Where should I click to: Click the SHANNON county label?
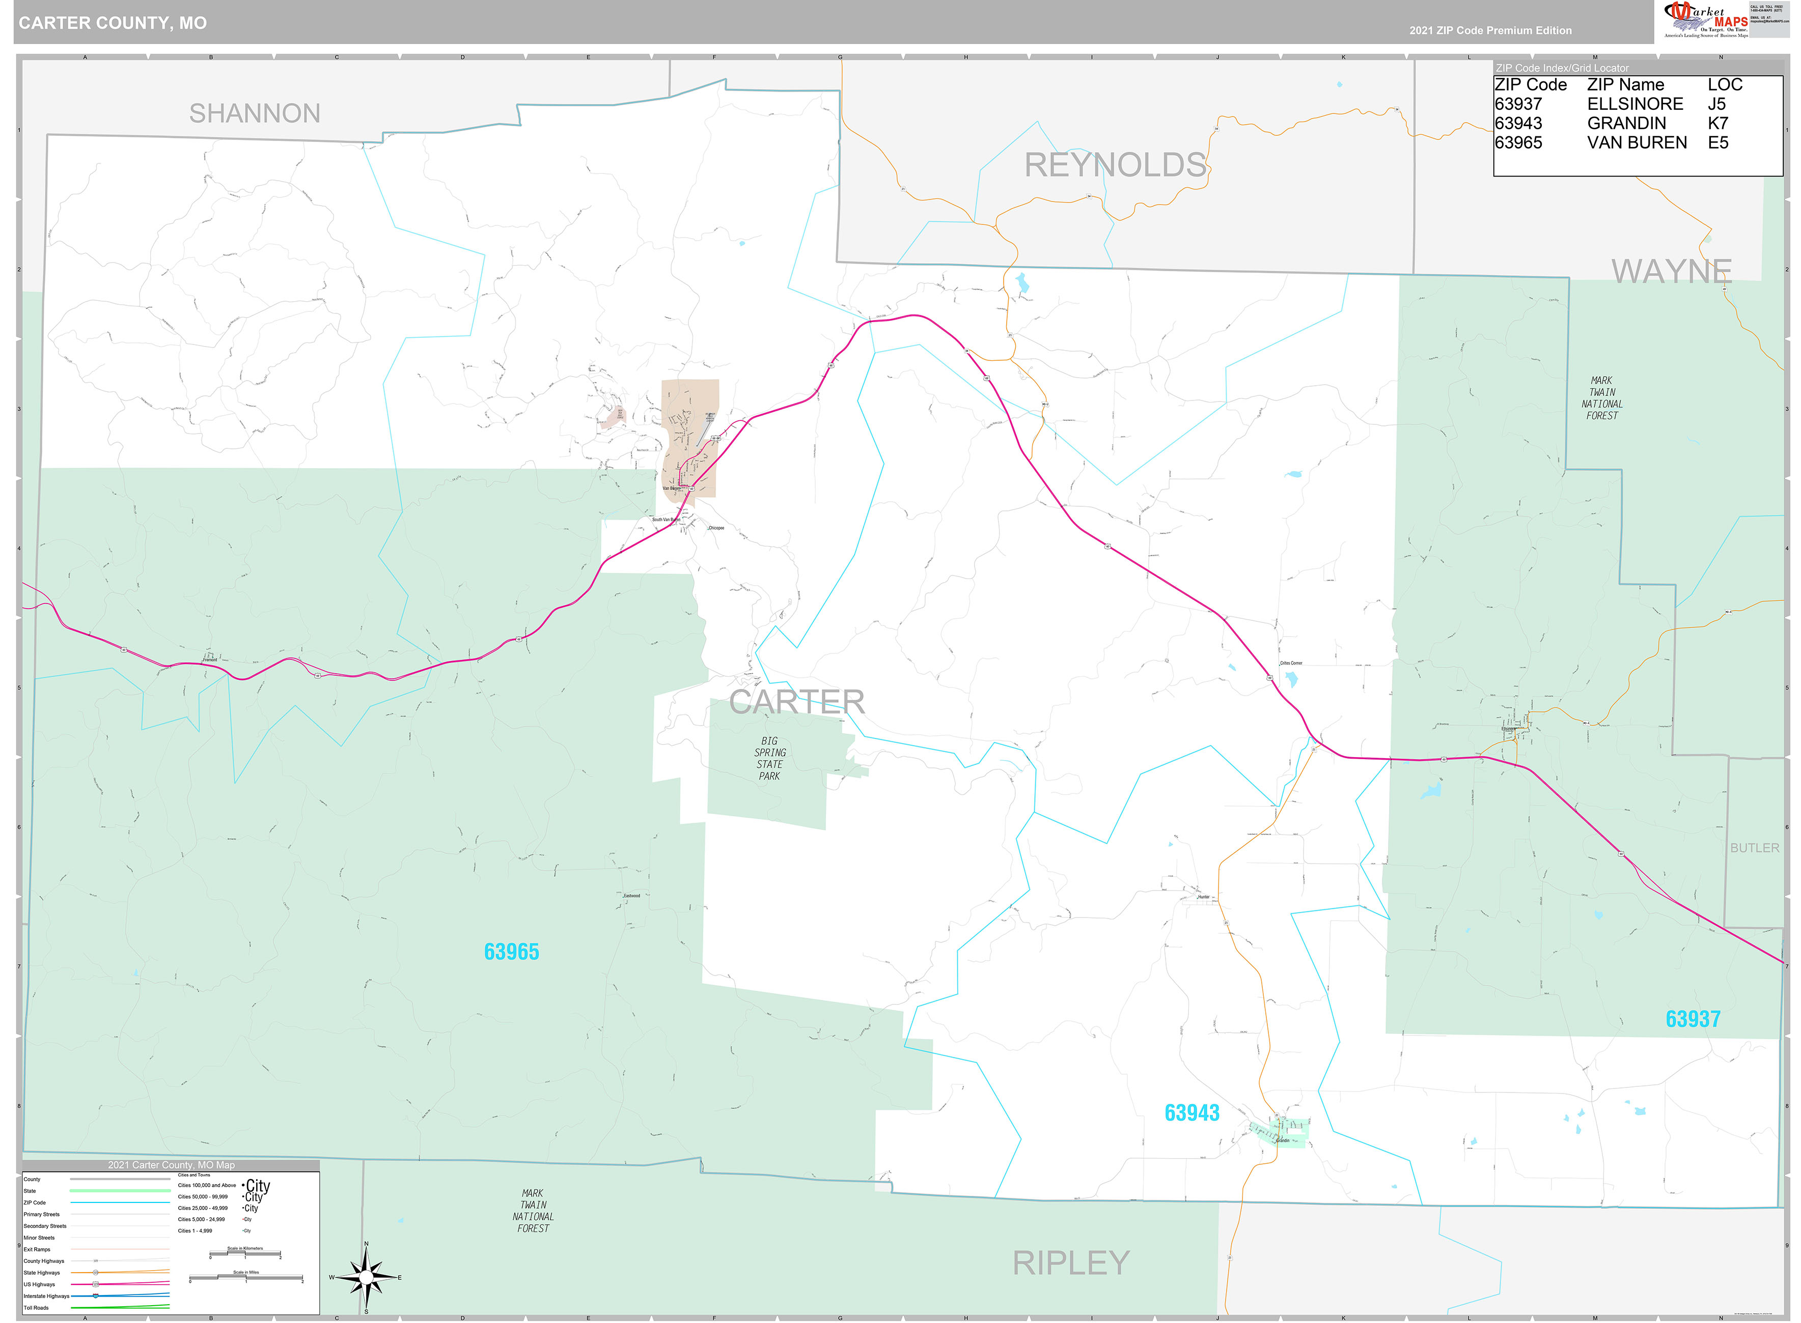[x=254, y=113]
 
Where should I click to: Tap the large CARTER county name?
[x=796, y=702]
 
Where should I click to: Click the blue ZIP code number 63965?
[x=511, y=952]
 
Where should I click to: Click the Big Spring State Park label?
[x=769, y=758]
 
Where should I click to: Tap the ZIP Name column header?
[x=1625, y=85]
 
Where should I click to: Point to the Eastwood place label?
[x=631, y=896]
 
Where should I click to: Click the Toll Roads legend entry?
[x=36, y=1308]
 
